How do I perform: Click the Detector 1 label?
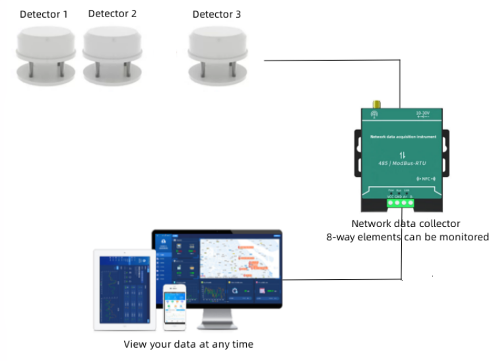(x=43, y=14)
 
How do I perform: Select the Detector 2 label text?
(x=112, y=13)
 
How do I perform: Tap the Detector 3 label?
(x=216, y=14)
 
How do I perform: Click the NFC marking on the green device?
(x=426, y=179)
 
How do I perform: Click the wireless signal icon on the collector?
(x=374, y=114)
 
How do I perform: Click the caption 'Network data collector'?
(x=405, y=224)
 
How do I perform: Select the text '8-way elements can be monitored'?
(x=407, y=237)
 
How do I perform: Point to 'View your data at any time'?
(x=188, y=345)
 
